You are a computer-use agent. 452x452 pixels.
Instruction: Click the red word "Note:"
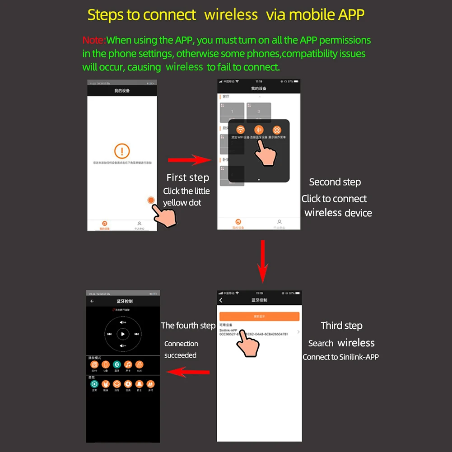coord(94,40)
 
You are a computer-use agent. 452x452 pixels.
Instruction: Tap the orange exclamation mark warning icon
coord(122,151)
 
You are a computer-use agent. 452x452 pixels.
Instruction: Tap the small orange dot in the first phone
coord(151,200)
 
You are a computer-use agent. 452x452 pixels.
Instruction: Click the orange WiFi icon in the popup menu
coord(240,130)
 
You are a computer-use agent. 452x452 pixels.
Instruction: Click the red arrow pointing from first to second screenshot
coord(190,160)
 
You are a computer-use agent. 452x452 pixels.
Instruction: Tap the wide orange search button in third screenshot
coord(259,317)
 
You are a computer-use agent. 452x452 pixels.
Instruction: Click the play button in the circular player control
coord(123,334)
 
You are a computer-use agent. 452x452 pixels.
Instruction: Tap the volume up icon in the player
coord(123,322)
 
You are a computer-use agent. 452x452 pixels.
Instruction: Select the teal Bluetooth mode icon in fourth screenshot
coord(116,364)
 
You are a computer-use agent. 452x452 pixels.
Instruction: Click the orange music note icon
coord(128,364)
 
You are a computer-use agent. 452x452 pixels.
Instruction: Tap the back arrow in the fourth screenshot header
coord(92,301)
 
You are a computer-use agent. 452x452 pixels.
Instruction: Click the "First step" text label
coord(187,177)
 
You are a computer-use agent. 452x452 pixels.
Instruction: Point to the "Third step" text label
coord(341,326)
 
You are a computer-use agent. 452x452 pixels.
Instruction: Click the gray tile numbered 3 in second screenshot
coord(259,112)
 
